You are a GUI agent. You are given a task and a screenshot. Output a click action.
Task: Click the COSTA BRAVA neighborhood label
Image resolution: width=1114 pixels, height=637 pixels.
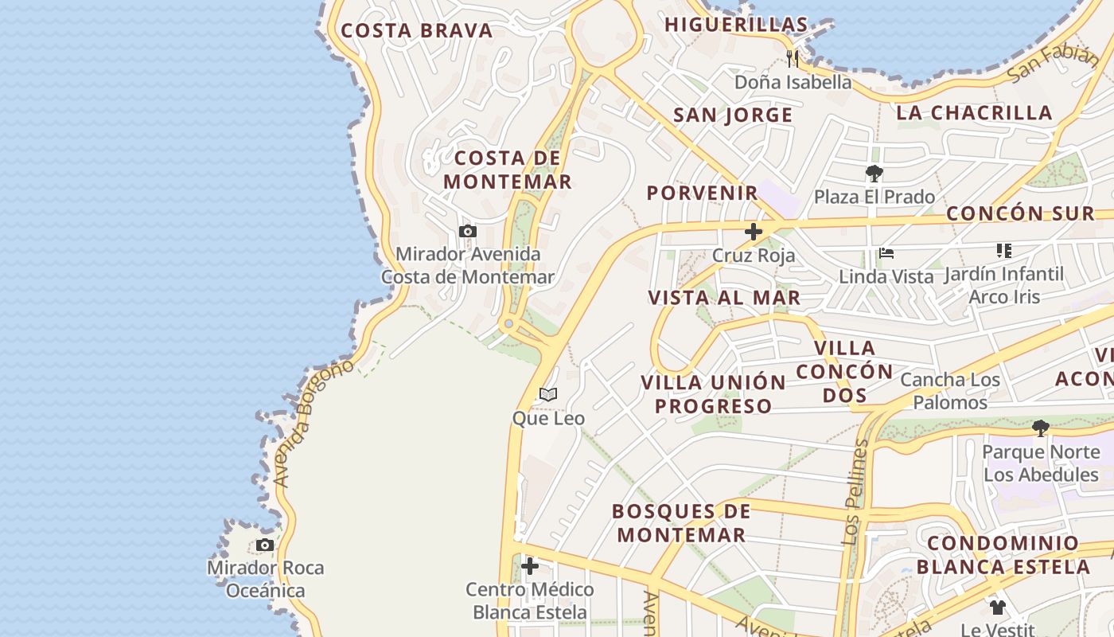[417, 31]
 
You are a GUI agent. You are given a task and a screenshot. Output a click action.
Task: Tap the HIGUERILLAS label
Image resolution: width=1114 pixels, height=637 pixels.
[736, 25]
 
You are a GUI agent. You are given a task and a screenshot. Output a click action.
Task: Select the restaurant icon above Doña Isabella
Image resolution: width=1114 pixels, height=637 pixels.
[793, 58]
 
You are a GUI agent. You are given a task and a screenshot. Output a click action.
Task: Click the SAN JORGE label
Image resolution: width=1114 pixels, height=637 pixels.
[733, 115]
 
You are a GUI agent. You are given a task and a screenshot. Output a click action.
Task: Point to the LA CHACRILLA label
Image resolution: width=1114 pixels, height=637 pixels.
[974, 113]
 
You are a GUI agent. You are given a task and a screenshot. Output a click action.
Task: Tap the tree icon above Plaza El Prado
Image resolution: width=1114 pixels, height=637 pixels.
[874, 174]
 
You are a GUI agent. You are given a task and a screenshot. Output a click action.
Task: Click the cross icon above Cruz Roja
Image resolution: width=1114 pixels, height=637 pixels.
[753, 233]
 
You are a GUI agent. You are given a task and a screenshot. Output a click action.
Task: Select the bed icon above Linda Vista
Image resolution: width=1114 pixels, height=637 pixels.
[886, 254]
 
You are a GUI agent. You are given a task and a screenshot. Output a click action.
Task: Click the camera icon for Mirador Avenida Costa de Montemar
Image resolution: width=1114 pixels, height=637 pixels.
[468, 232]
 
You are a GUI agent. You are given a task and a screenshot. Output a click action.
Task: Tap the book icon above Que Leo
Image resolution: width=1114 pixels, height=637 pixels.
[548, 394]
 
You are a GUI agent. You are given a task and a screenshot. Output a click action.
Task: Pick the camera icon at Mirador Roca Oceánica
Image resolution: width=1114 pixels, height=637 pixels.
[265, 545]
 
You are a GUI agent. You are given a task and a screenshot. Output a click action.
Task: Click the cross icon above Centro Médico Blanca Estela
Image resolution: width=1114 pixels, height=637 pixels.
[530, 566]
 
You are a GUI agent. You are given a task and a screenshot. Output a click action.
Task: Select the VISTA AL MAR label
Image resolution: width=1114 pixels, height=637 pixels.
[724, 298]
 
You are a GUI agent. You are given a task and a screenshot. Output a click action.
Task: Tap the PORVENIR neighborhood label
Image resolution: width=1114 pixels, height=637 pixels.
[702, 193]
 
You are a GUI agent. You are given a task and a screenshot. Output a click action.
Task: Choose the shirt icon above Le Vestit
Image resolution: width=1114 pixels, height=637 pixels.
[998, 608]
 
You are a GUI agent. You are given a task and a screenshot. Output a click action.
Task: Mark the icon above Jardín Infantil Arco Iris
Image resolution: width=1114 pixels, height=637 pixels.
[1003, 251]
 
